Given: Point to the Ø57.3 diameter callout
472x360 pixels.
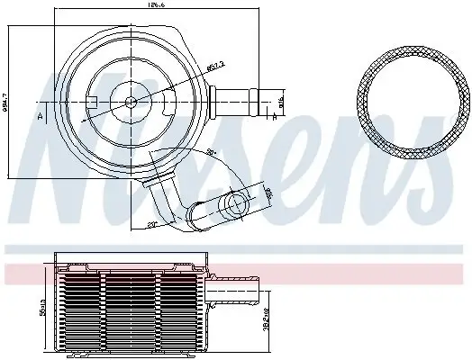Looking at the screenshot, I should (x=188, y=66).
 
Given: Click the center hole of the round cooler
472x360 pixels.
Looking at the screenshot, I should (x=132, y=102).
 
